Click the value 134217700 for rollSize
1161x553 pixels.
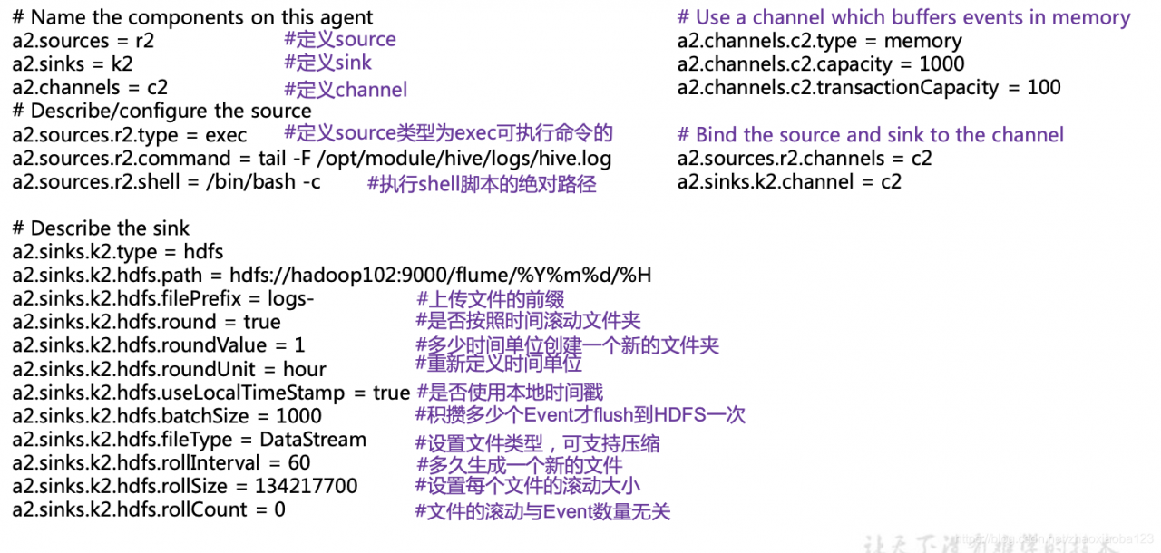point(307,487)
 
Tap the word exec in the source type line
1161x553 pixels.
point(225,135)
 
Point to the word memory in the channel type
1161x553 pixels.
point(922,42)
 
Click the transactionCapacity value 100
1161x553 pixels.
point(1043,88)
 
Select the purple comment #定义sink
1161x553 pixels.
point(327,63)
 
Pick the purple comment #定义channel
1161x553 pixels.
point(346,89)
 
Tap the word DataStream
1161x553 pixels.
point(313,440)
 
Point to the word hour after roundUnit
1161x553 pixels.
point(304,370)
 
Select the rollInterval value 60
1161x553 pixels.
point(298,463)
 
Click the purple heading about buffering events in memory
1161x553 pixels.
point(903,18)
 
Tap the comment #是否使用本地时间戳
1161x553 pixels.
point(510,393)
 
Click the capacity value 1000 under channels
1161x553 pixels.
point(941,65)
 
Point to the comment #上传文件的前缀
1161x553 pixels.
point(490,299)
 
